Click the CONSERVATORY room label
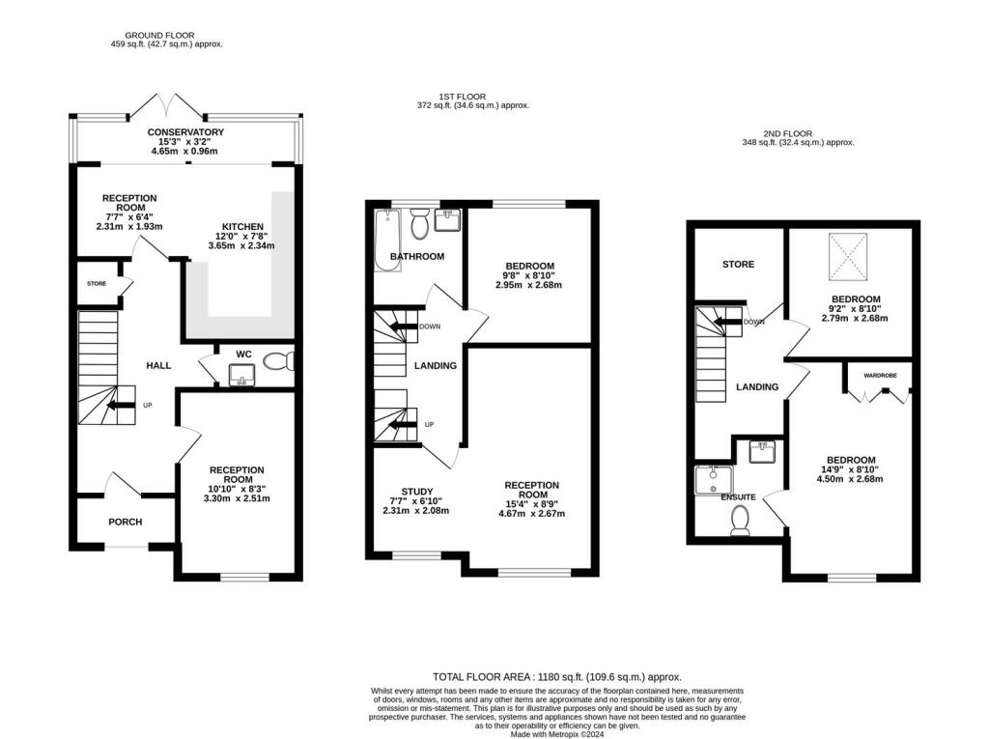tap(185, 131)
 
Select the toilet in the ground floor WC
tap(278, 362)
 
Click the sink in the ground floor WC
tap(240, 373)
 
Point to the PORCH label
tap(125, 522)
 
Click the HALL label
tap(158, 365)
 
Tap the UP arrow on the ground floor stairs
tap(121, 406)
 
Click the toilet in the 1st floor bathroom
tap(420, 225)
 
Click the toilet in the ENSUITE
tap(742, 523)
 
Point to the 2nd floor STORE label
tap(738, 264)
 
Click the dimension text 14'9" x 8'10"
tap(850, 469)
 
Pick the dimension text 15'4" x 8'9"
tap(531, 502)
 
